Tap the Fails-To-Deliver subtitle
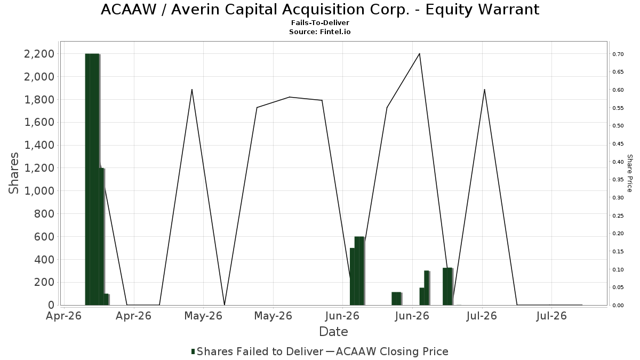pos(320,22)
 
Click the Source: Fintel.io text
pos(319,31)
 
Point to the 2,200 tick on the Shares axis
pos(39,54)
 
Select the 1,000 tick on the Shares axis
pos(39,191)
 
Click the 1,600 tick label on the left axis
pos(39,122)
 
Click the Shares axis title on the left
pos(13,173)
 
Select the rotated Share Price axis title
pos(629,173)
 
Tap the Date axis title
pos(333,332)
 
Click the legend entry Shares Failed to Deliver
pos(257,351)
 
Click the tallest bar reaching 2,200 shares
pos(92,179)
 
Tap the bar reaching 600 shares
pos(359,271)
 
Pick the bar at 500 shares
pos(353,277)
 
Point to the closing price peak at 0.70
pos(419,53)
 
